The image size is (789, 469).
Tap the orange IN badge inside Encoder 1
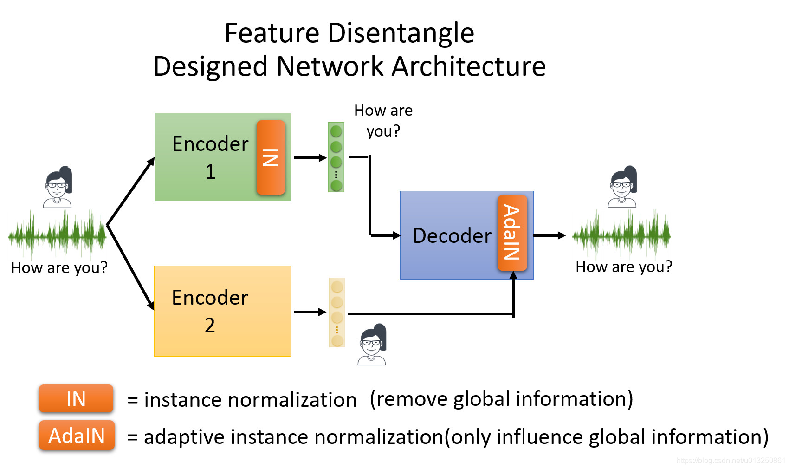271,157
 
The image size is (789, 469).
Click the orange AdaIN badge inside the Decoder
512,233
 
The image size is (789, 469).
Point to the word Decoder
452,236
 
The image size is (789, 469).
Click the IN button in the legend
76,399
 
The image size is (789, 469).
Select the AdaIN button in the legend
77,436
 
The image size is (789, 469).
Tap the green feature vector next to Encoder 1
336,157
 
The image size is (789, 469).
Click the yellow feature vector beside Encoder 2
337,312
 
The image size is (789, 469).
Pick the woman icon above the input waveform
58,187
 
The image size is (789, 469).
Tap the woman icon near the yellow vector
372,345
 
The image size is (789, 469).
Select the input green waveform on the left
57,234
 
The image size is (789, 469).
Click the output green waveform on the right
621,234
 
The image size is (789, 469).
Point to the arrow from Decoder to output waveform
550,235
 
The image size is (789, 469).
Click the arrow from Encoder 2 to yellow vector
310,312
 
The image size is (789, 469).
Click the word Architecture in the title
469,66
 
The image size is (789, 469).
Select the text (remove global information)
501,399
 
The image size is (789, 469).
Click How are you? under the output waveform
623,267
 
